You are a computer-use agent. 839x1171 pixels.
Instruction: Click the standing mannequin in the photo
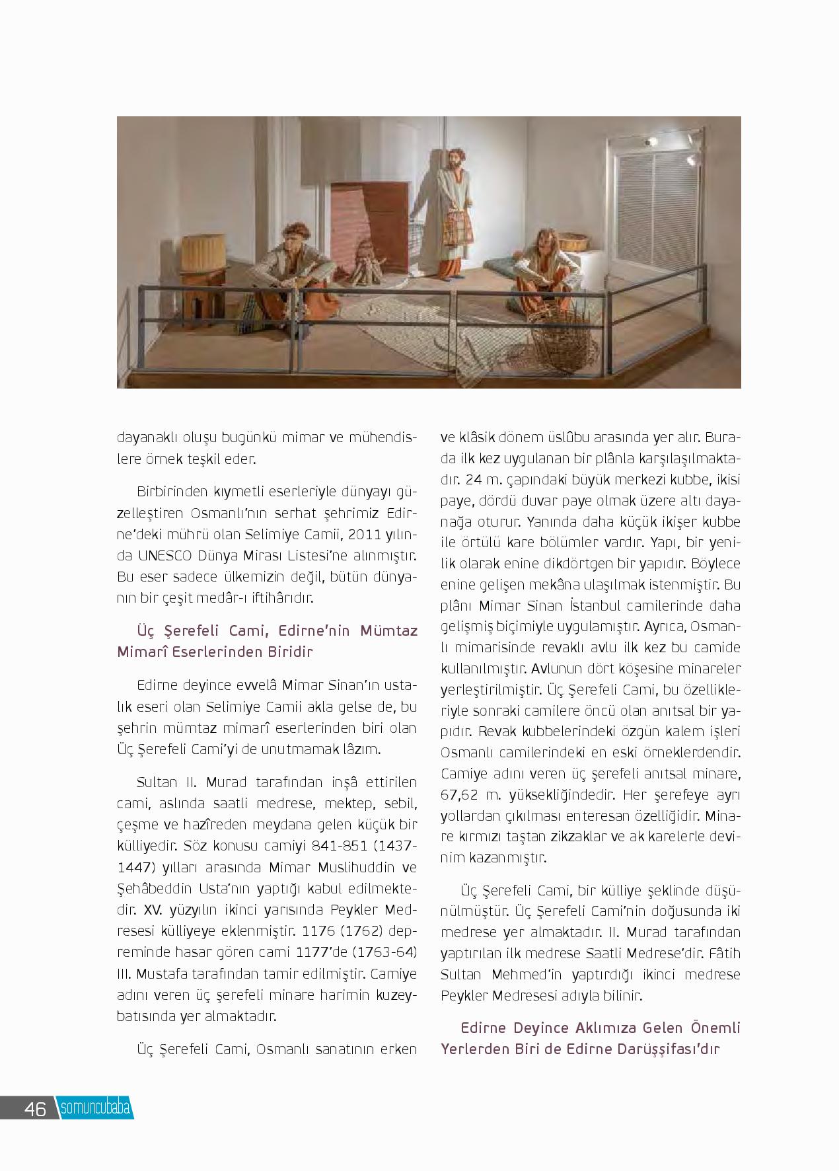(x=454, y=211)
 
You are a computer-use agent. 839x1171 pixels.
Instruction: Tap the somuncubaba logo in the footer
(x=95, y=1108)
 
